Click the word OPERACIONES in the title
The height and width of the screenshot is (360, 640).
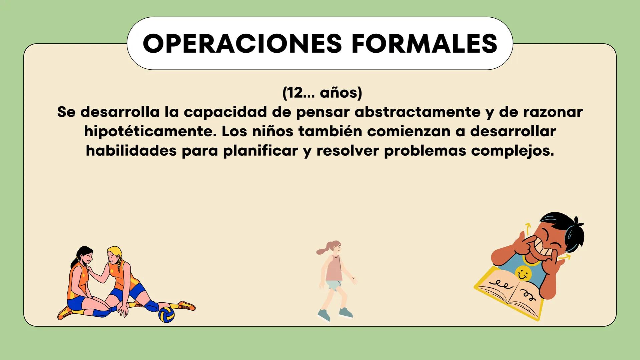[242, 43]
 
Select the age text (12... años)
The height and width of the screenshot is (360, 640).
[322, 93]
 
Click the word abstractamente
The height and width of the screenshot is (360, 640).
[417, 112]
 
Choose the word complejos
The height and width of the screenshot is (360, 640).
[512, 151]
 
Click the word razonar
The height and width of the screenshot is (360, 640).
[553, 112]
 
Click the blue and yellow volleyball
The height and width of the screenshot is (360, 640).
[166, 315]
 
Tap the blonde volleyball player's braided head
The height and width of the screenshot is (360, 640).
[114, 255]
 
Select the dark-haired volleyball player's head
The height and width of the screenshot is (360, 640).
[85, 255]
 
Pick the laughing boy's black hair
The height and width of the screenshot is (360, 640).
[565, 233]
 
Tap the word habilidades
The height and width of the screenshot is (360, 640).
[131, 151]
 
